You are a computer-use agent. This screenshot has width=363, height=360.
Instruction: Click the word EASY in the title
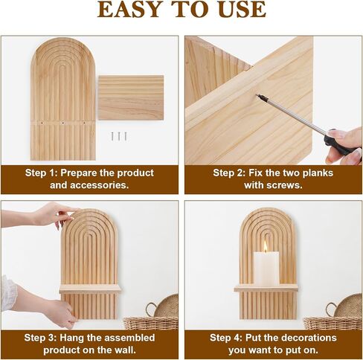click(x=128, y=10)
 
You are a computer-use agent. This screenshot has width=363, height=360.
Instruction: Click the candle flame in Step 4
click(x=266, y=247)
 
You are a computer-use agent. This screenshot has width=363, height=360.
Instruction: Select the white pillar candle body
click(x=266, y=269)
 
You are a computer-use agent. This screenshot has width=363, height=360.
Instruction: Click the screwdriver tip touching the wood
click(x=257, y=95)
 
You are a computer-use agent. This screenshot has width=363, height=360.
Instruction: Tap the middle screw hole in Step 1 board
click(x=62, y=123)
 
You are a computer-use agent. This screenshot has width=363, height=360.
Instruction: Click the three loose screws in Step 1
click(x=119, y=136)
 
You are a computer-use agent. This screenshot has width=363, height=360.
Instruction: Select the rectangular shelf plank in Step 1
click(x=131, y=97)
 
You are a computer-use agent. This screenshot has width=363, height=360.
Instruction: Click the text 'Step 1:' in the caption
click(x=41, y=173)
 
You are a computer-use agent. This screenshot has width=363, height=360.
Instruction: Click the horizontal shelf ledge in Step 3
click(x=90, y=289)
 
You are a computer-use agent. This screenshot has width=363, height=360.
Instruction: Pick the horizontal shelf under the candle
click(x=266, y=288)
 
